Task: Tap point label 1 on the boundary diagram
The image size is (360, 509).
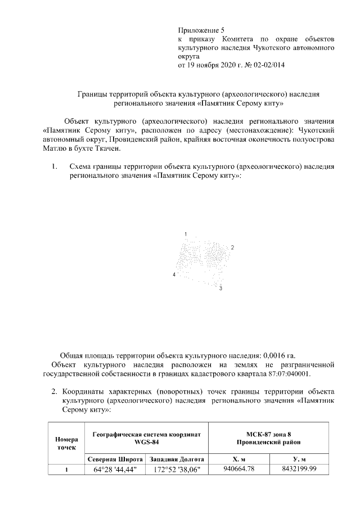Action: (186, 233)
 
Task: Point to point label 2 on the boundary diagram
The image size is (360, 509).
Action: (232, 247)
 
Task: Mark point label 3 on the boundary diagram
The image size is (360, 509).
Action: (221, 288)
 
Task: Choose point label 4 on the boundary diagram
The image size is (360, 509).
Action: (174, 274)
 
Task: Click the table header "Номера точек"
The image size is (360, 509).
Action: (66, 442)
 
